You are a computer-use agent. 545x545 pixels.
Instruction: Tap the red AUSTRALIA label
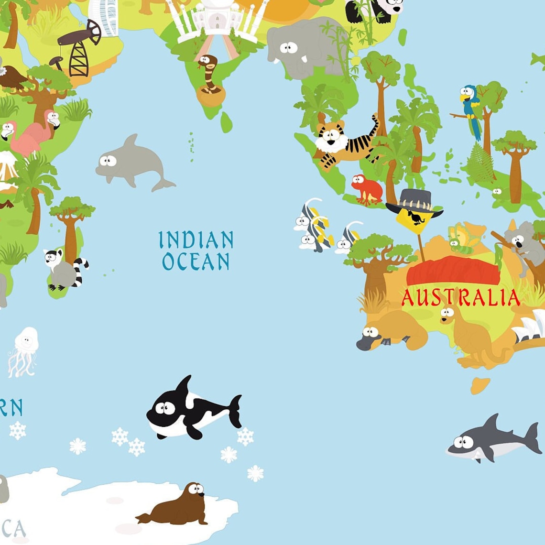tap(460, 297)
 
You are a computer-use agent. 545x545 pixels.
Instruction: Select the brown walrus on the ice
tap(179, 506)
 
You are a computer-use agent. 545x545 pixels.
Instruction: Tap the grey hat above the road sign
tap(414, 201)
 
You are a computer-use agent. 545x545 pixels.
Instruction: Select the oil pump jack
tap(79, 48)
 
